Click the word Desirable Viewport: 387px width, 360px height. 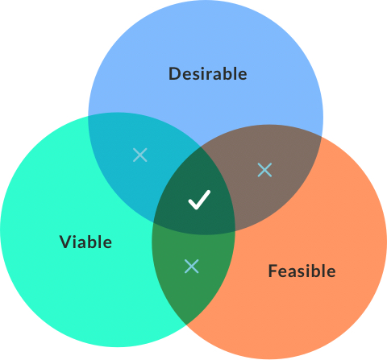tap(207, 74)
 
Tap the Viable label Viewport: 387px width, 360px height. tap(85, 242)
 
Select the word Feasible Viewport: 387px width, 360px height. tap(302, 271)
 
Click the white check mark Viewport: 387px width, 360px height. tap(199, 200)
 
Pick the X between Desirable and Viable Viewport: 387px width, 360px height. tap(140, 155)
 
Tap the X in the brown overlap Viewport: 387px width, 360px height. tap(264, 170)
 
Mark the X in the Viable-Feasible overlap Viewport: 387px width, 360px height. tap(192, 266)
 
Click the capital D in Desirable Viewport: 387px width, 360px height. tap(174, 74)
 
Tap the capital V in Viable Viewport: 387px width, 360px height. tap(66, 242)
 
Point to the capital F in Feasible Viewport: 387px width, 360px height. tap(273, 271)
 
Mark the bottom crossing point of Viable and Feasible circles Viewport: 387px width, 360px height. tap(186, 325)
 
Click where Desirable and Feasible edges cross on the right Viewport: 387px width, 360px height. tap(322, 136)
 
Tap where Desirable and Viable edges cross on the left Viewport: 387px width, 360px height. tap(88, 116)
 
